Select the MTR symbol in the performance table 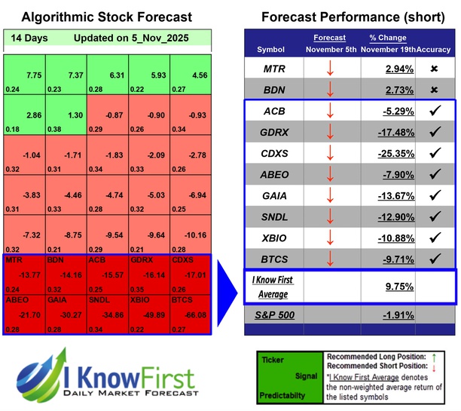click(x=274, y=69)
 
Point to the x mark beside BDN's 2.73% click(x=434, y=90)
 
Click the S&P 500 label click(x=274, y=314)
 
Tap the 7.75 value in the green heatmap click(x=32, y=75)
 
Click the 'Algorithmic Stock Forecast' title click(x=106, y=17)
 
